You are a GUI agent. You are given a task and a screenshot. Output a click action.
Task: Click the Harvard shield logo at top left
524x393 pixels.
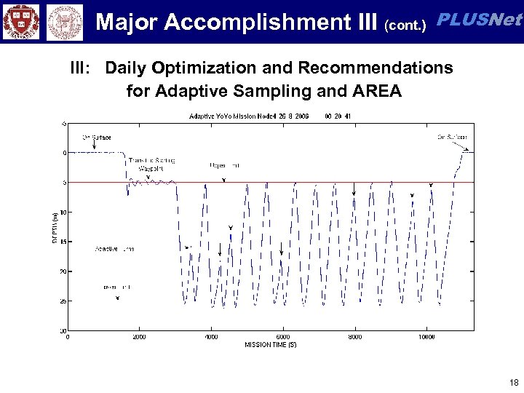coord(21,21)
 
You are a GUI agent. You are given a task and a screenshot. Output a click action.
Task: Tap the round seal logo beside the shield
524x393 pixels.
coord(65,22)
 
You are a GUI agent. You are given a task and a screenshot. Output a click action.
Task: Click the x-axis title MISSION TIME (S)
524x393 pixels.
coord(270,344)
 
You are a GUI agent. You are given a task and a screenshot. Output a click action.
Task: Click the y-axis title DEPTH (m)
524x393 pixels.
coord(55,227)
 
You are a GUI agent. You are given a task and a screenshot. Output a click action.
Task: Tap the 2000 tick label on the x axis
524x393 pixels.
coord(138,337)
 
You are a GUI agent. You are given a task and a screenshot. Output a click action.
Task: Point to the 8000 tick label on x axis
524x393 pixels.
coord(354,337)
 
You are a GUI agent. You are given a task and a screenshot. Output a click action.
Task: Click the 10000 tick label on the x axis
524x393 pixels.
coord(427,337)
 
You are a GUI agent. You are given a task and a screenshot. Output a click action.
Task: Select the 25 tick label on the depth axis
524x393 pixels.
coord(63,301)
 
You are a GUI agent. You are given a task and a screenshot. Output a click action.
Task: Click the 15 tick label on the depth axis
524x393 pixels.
coord(63,242)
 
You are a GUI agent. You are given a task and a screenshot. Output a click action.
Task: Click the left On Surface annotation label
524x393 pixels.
coord(97,137)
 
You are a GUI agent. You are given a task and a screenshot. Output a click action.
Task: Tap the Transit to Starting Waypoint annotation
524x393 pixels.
coord(151,164)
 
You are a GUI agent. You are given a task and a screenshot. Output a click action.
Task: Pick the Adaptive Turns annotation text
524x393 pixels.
coord(114,249)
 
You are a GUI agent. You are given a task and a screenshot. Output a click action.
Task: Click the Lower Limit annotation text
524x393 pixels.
coord(116,287)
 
